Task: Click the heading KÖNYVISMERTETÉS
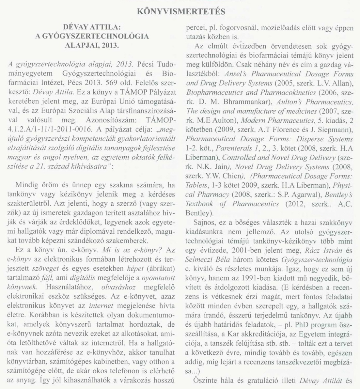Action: [180, 12]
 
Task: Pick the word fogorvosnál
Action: [235, 28]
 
